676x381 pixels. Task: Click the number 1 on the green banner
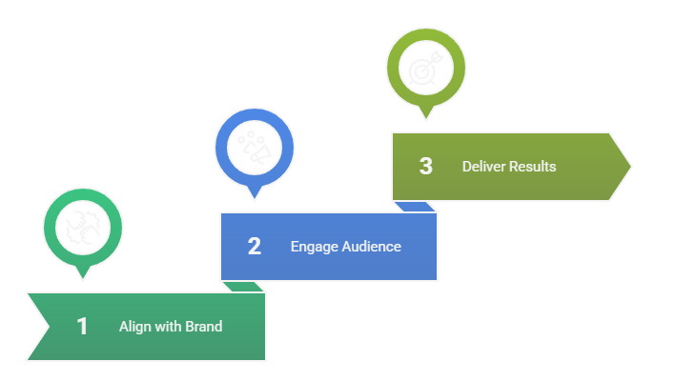pos(82,327)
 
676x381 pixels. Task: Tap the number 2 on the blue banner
pos(254,247)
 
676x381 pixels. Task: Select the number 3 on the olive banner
pos(425,167)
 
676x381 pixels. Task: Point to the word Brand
pos(203,327)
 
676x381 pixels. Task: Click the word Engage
pos(314,247)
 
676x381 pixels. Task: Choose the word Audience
pos(371,247)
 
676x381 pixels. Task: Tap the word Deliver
pos(483,167)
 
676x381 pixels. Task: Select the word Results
pos(533,167)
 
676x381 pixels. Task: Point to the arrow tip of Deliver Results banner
pos(628,167)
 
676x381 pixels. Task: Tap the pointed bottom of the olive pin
pos(425,117)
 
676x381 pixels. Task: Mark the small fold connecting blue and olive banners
pos(416,207)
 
